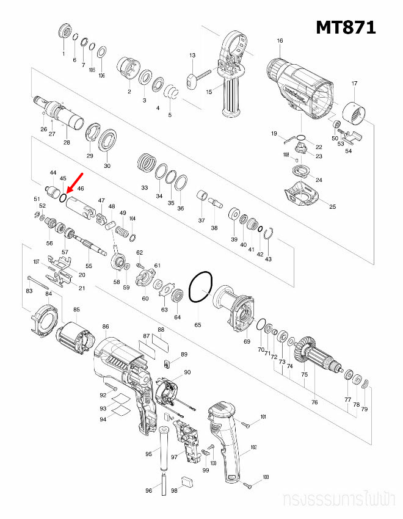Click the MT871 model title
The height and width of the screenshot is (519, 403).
click(x=345, y=27)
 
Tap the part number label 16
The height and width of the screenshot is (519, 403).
click(x=280, y=41)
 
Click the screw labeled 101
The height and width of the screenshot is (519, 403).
click(x=247, y=423)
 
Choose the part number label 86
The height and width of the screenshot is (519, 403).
click(x=106, y=327)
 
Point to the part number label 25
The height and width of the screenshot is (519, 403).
click(x=333, y=207)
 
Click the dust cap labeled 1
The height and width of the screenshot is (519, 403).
click(x=64, y=31)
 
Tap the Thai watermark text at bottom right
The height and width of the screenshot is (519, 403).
click(x=339, y=501)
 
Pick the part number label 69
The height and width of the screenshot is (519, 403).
click(x=247, y=341)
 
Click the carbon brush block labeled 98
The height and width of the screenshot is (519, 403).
click(x=187, y=481)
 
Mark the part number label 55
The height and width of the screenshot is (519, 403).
click(x=89, y=266)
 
